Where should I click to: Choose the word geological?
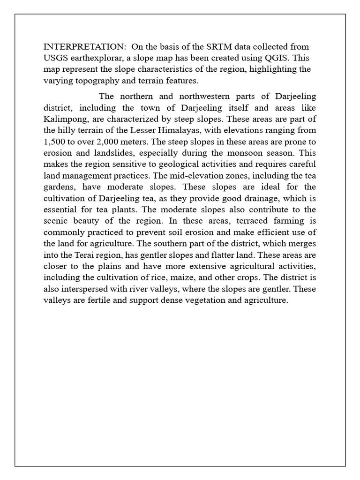tap(172, 164)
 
